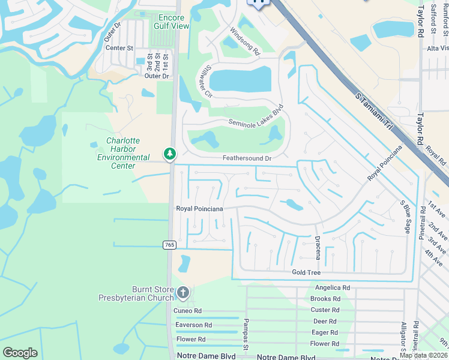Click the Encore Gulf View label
point(173,22)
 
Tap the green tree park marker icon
point(170,155)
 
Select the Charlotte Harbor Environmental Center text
point(124,153)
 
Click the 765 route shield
point(169,245)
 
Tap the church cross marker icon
point(183,293)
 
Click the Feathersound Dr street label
point(247,158)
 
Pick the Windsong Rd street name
point(244,41)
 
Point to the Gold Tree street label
point(307,272)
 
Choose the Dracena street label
point(318,247)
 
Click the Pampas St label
point(246,333)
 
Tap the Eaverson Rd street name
point(193,325)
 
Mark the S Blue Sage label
point(406,213)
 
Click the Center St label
point(119,48)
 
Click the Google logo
point(20,353)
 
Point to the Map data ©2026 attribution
point(423,355)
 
